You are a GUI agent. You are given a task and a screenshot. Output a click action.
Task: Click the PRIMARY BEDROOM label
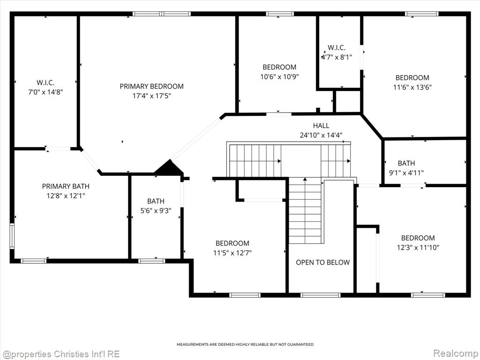point(151,86)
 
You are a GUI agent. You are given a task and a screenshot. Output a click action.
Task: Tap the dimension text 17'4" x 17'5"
point(151,96)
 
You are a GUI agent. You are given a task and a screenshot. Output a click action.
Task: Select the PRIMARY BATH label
point(66,186)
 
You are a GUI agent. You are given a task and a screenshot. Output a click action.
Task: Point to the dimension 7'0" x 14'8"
point(45,92)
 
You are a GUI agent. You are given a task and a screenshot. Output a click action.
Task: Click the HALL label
point(321,126)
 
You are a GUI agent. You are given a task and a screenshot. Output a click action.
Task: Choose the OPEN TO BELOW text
point(322,262)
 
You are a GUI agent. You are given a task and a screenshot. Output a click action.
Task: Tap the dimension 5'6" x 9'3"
point(156,210)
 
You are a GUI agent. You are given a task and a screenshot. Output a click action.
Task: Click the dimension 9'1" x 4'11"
point(406,172)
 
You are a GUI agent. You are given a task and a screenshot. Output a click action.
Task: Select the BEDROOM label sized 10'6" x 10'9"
point(279,67)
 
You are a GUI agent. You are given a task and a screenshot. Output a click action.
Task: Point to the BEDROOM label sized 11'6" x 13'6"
point(412,78)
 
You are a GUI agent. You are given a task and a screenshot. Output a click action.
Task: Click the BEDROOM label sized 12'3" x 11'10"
point(418,238)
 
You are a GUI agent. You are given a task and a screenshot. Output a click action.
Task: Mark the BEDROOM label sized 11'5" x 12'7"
point(232,243)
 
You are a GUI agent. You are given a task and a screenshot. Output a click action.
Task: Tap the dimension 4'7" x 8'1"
point(337,57)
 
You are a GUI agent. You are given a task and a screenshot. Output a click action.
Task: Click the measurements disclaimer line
point(245,345)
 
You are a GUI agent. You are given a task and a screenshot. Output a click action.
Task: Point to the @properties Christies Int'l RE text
point(60,354)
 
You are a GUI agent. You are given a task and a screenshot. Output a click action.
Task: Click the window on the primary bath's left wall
point(12,235)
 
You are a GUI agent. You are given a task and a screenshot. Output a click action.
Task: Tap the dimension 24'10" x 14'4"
point(321,135)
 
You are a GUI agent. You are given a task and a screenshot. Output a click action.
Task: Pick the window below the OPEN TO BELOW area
point(321,295)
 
